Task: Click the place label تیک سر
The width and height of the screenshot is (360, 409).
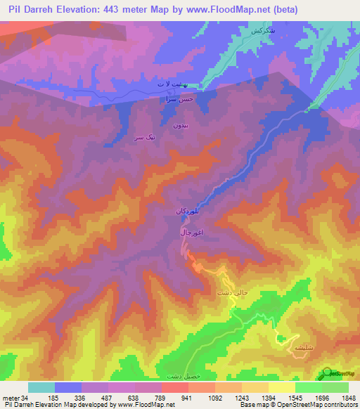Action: click(143, 138)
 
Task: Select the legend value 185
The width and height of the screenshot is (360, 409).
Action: click(41, 398)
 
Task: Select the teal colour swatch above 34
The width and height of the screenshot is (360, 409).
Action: click(41, 387)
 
